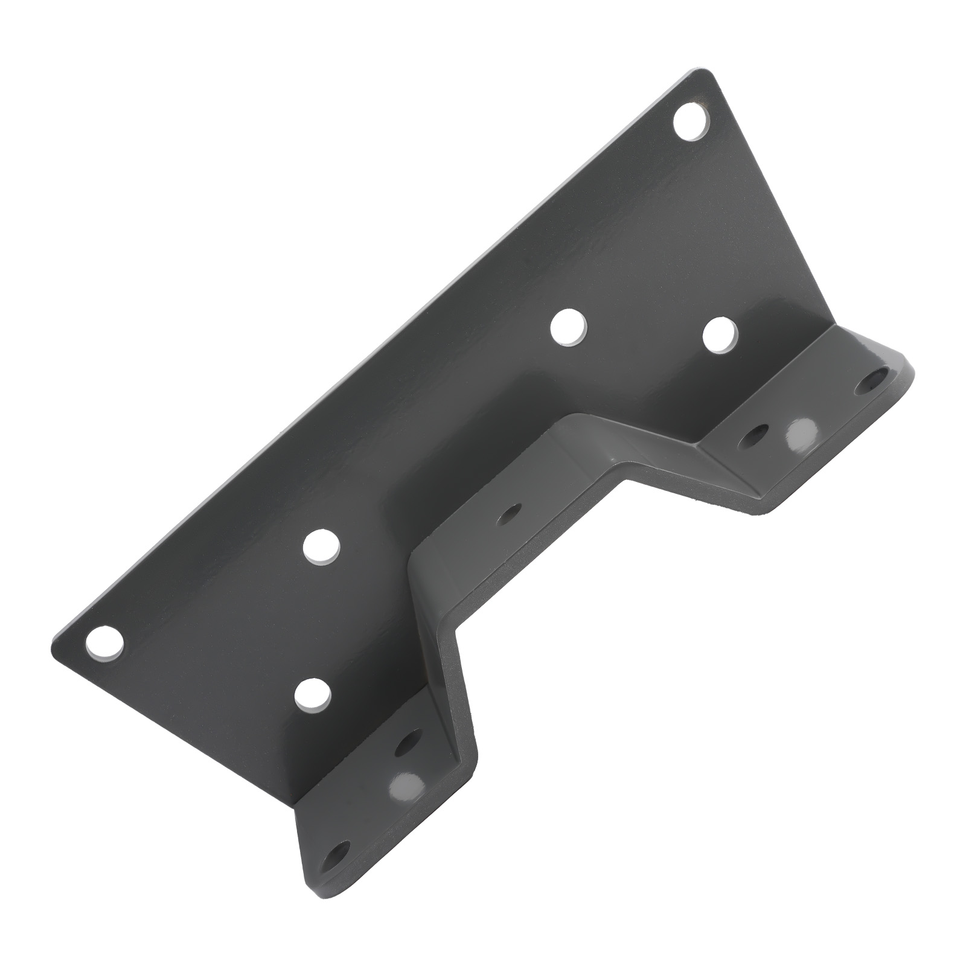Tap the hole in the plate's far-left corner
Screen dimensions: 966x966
104,642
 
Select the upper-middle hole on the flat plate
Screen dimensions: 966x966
569,327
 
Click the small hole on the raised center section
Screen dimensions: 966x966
513,513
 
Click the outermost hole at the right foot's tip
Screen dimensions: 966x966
875,382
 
